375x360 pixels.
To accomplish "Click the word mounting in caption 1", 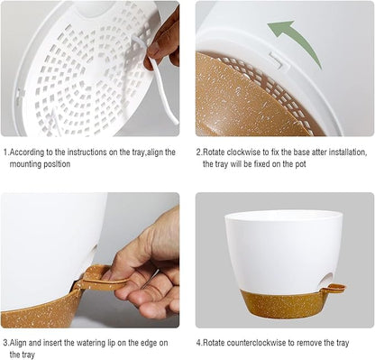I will [x=23, y=164].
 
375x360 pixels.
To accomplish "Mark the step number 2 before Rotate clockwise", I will [x=198, y=152].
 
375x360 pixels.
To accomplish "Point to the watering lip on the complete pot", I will [x=336, y=288].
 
